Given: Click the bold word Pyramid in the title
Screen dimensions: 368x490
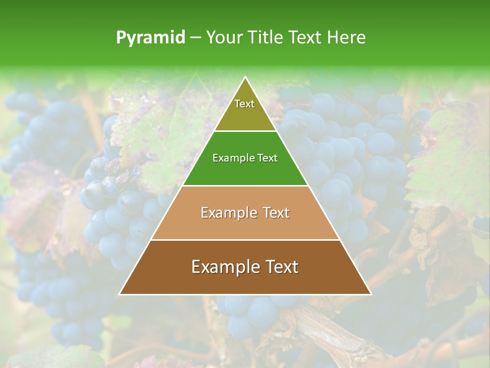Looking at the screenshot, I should (150, 38).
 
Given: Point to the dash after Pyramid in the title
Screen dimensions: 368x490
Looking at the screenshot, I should (195, 38).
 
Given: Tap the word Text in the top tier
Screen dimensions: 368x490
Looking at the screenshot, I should (244, 104).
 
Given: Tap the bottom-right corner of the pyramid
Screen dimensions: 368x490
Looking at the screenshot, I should (371, 294).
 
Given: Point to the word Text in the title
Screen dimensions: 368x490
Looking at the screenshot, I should (306, 38).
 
